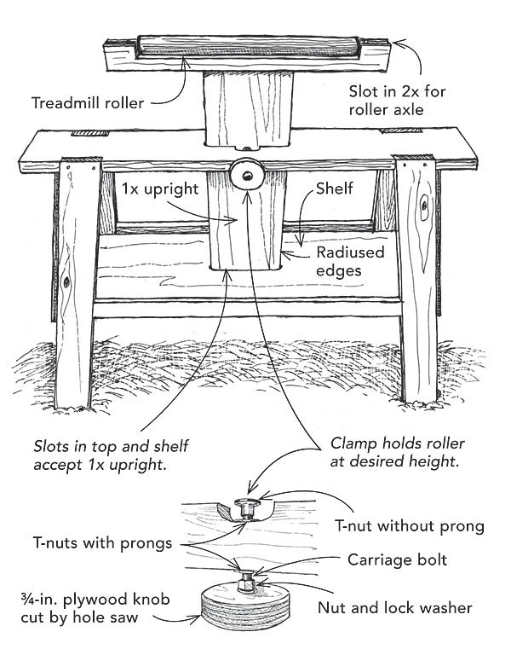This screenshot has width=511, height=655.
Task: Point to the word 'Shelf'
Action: tap(335, 189)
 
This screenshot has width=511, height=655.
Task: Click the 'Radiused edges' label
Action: tap(350, 262)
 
